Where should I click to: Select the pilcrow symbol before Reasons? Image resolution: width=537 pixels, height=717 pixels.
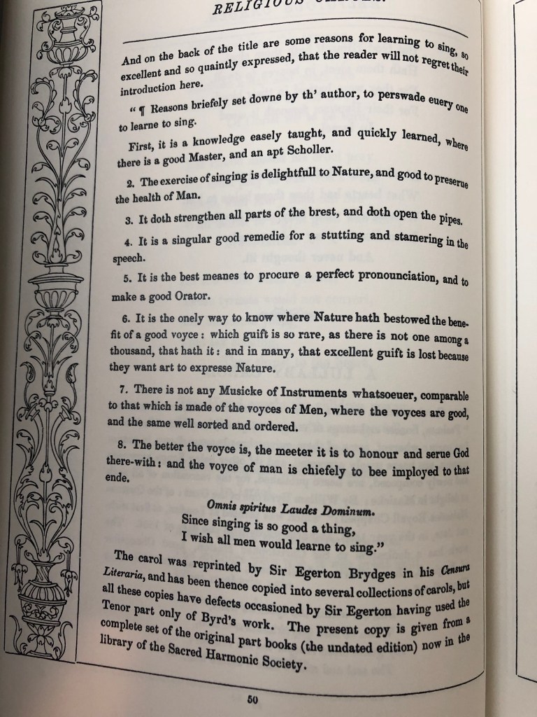coord(142,106)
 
